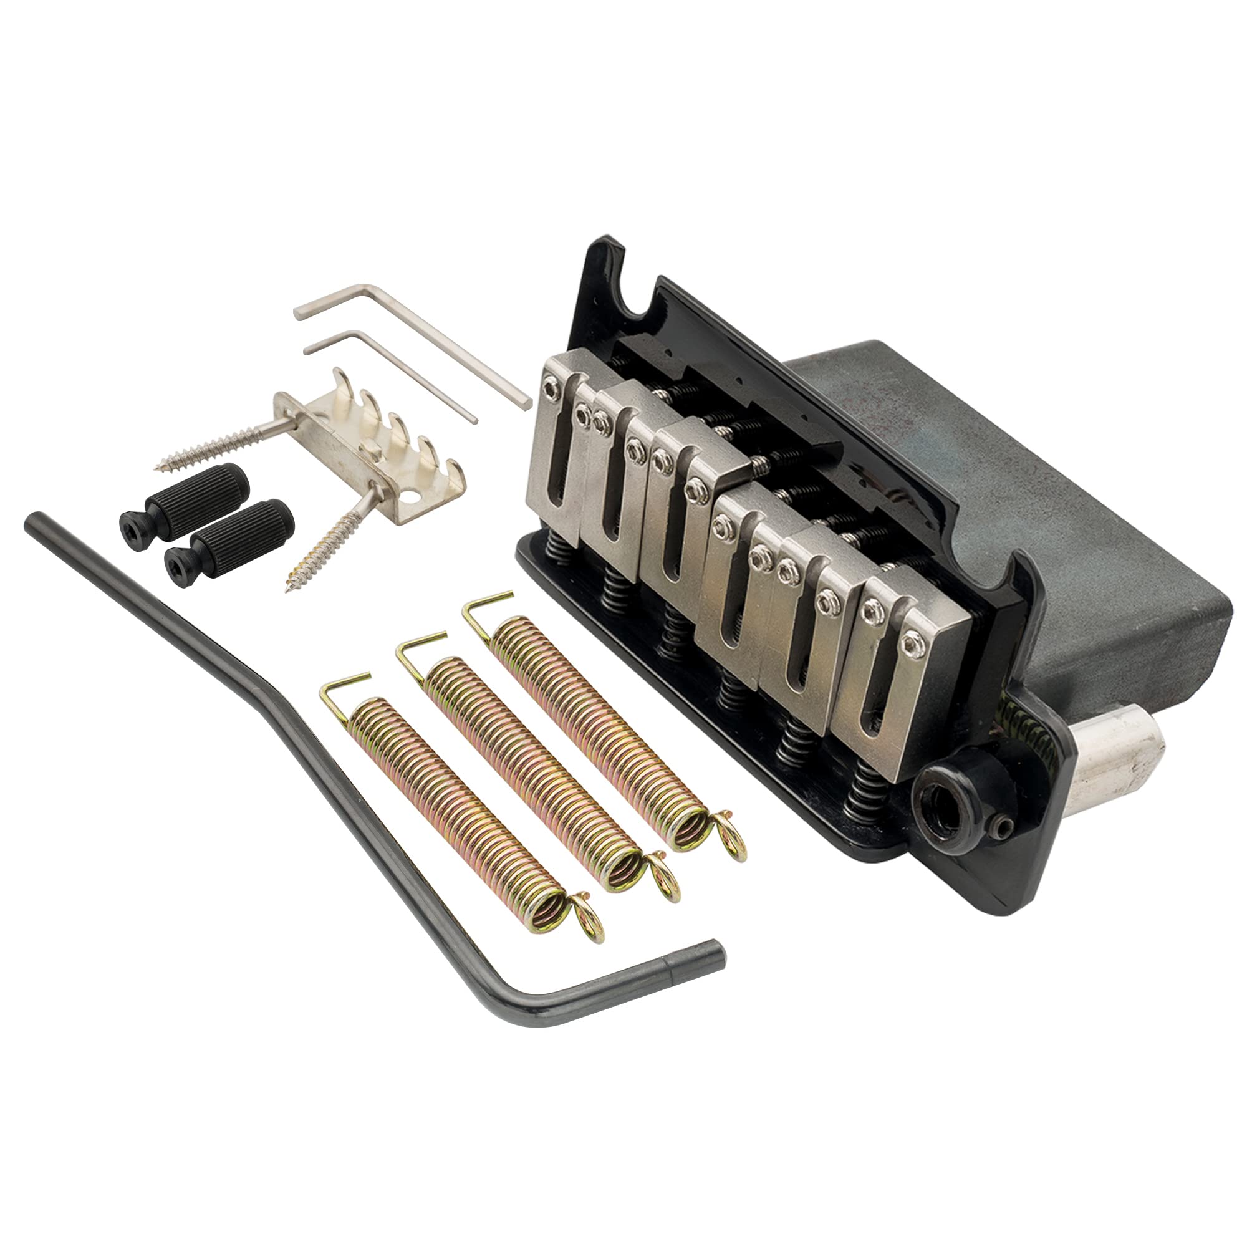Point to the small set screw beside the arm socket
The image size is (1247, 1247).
[x=1004, y=826]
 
